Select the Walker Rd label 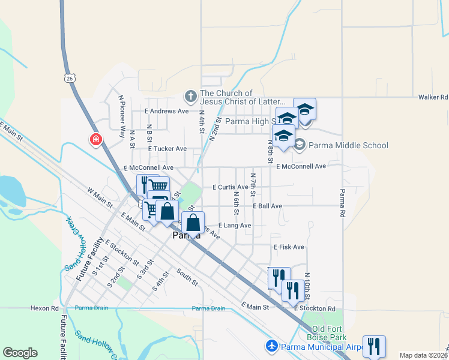433,97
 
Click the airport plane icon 271,346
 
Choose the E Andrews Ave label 166,111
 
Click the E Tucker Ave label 167,148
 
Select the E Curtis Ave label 231,187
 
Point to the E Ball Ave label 267,206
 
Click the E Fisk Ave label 289,247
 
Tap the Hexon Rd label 44,308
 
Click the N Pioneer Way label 121,109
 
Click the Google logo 20,353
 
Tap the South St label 187,277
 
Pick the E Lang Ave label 235,225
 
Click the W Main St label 100,196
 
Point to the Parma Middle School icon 300,145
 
